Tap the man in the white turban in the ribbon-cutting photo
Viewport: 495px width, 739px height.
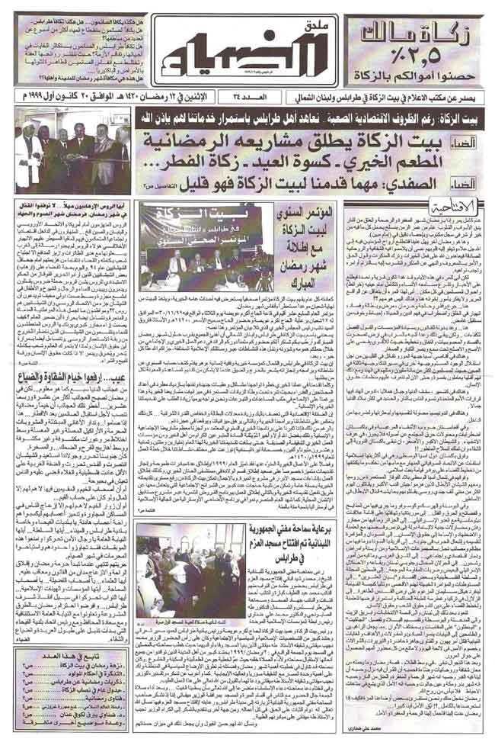(30, 149)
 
